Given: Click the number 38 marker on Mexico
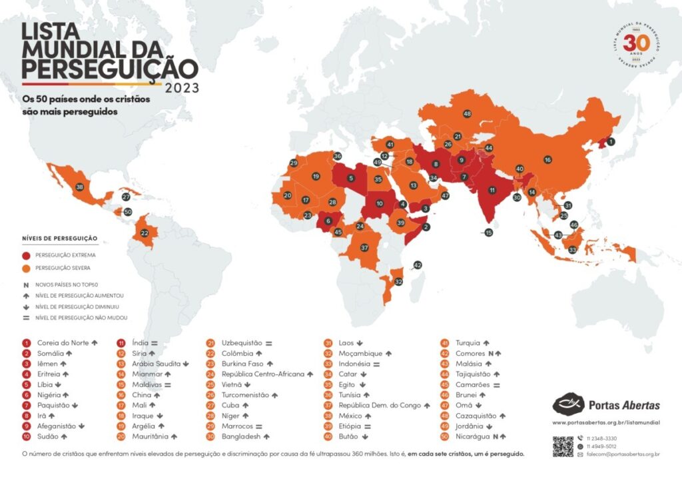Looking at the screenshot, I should click(80, 187).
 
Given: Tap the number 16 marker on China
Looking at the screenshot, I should click(547, 160).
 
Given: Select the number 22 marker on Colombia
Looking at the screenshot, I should click(144, 233).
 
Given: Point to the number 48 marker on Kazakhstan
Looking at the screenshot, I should click(468, 114).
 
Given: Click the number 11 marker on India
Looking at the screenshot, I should click(492, 190).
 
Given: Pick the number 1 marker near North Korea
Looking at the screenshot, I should click(611, 142).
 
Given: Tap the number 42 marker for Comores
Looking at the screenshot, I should click(418, 265).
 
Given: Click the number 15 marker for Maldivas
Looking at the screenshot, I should click(489, 233).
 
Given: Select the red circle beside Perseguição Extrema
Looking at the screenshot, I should click(27, 255).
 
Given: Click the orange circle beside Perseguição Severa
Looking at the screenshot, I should click(27, 268).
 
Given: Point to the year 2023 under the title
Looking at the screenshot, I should click(181, 87).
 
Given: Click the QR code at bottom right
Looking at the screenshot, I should click(563, 446).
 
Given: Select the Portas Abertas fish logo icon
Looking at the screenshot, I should click(567, 404).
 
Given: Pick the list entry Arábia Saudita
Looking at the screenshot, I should click(157, 364).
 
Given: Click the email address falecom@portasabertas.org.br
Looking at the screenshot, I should click(623, 454).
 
